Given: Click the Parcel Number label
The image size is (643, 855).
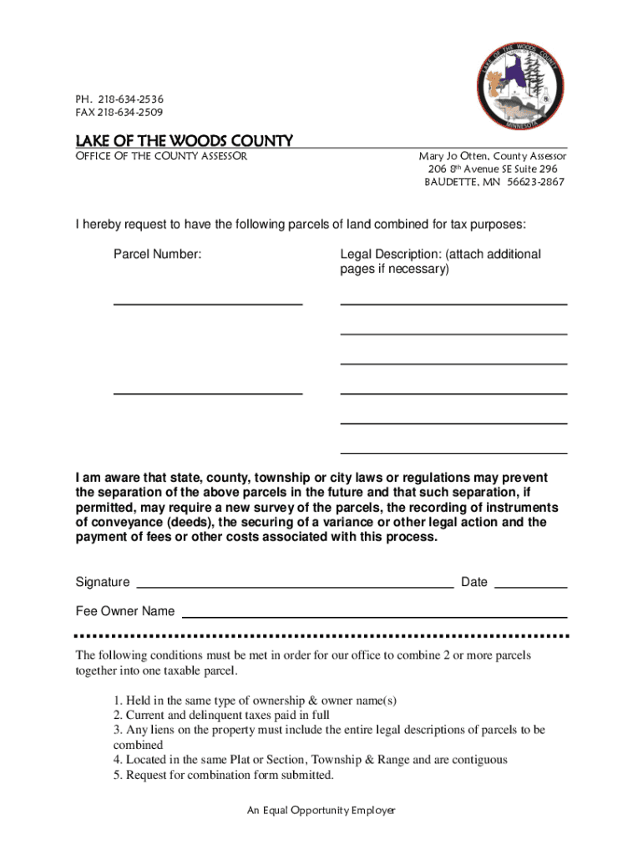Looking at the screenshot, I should pos(157,254).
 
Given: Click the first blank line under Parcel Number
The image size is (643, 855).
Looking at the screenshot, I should pos(207,304).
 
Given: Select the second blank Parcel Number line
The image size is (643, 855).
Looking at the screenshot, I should pos(207,392).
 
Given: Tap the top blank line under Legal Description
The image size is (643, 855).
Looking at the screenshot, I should pos(453,304).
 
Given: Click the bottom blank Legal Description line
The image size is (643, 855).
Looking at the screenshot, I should pos(453,452).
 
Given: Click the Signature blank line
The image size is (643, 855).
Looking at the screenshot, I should pos(294,587).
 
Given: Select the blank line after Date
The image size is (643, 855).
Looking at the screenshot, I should pos(531,587).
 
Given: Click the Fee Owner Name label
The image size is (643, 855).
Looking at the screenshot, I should pos(125,611).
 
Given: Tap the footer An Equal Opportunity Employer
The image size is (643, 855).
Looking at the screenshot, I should pos(321,810).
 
